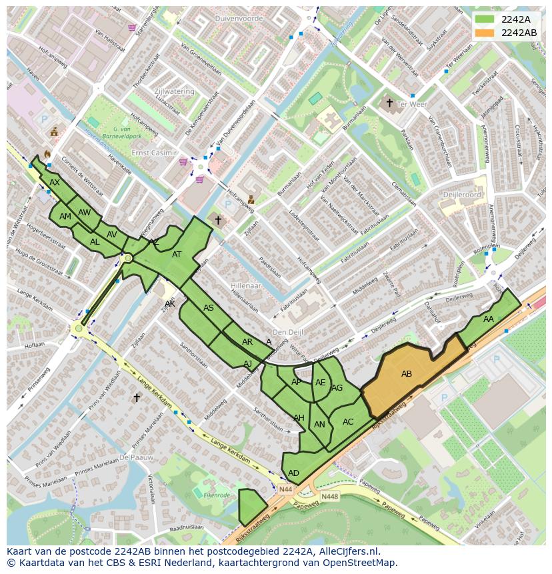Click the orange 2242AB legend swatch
(485, 33)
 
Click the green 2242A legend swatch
(485, 19)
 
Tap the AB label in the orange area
(407, 374)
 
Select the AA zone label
(489, 319)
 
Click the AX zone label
(55, 182)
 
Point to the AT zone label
(177, 254)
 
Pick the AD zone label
(293, 473)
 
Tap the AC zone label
(348, 421)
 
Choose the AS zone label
(209, 307)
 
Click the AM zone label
(65, 217)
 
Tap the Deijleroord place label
(461, 195)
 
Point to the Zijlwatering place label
(173, 91)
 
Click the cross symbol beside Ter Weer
(389, 103)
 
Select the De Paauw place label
(136, 457)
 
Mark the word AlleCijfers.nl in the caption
(347, 551)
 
